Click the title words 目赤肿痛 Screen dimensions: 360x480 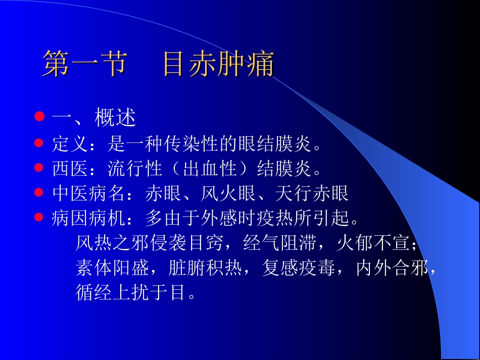coord(218,64)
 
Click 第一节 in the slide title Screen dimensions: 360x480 coord(83,64)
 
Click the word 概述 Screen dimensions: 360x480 coord(115,118)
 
